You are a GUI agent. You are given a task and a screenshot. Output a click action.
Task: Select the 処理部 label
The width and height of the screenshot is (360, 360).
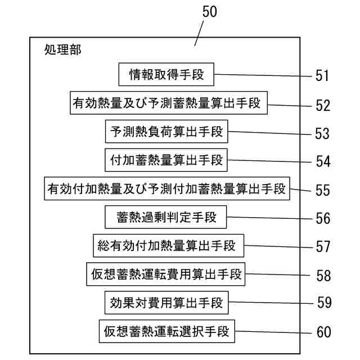click(x=62, y=50)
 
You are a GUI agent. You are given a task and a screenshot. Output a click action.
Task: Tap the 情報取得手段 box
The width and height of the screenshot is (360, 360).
click(x=166, y=74)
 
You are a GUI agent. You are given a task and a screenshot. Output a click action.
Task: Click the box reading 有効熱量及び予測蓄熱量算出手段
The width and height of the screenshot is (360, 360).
click(x=168, y=103)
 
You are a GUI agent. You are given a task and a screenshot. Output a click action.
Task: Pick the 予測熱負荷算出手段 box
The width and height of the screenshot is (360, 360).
click(x=166, y=132)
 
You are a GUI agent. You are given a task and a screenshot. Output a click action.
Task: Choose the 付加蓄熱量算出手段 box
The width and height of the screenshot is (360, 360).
click(x=166, y=160)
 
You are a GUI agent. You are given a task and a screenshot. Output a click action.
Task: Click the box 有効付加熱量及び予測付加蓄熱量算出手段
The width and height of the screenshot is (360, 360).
click(x=167, y=188)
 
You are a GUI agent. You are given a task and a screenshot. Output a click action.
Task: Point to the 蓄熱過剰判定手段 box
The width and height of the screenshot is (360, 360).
click(x=166, y=217)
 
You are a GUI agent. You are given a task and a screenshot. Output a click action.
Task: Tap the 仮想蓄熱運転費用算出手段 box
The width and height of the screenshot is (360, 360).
click(x=166, y=274)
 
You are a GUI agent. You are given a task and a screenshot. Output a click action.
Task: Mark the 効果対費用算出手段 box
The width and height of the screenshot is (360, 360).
click(x=166, y=303)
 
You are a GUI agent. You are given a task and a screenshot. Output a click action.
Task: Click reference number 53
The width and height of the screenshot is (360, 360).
click(x=322, y=133)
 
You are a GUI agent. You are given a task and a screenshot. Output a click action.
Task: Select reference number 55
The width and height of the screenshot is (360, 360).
click(x=322, y=190)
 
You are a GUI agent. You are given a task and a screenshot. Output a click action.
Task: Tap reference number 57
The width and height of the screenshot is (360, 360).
click(x=322, y=247)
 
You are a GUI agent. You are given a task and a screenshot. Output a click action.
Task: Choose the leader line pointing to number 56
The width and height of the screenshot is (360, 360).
click(x=269, y=217)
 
